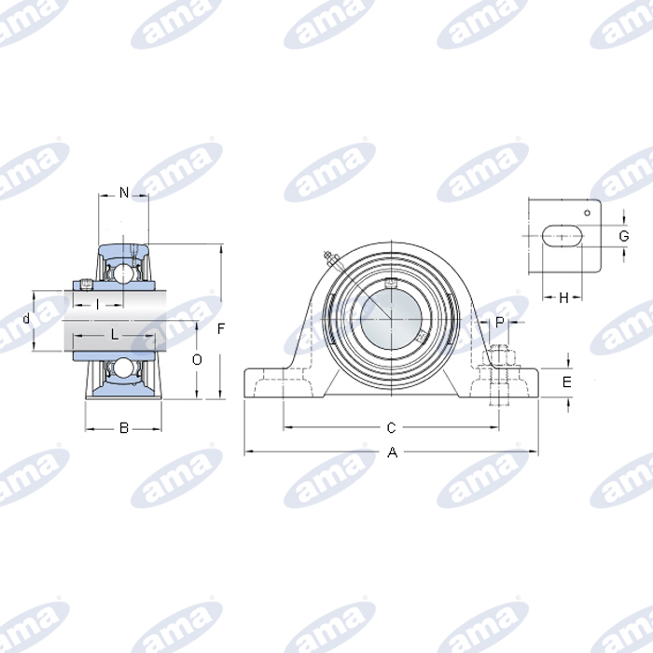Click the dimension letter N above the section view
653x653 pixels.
(x=124, y=193)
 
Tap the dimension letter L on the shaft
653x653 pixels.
(x=115, y=333)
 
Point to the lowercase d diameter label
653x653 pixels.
(x=25, y=319)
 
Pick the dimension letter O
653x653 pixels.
(x=197, y=360)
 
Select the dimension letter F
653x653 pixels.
(x=221, y=328)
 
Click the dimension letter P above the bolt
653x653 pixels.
(x=500, y=322)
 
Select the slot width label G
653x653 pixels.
(x=623, y=236)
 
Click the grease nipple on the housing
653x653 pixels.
(x=327, y=257)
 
